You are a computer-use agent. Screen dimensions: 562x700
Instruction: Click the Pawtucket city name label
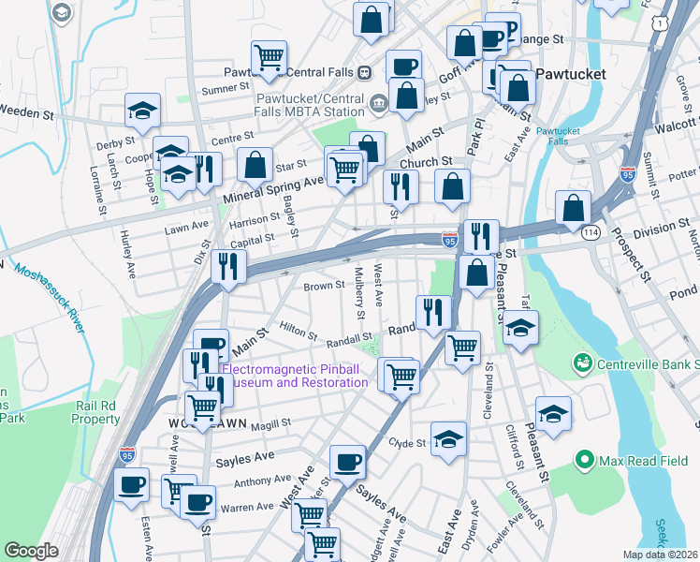coord(571,73)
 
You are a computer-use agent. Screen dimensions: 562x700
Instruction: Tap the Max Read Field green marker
coord(586,459)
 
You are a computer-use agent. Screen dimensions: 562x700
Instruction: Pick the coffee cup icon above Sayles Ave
coord(348,461)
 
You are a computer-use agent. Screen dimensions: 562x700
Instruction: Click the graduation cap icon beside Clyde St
coord(449,438)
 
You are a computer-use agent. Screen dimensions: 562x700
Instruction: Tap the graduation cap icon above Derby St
coord(142,110)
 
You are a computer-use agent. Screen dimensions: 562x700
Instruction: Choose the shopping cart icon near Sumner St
coord(270,57)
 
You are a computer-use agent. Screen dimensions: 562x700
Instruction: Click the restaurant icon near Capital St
coord(228,266)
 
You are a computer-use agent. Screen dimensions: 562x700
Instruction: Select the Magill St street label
coord(270,423)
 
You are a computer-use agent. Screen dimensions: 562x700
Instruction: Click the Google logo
coord(32,550)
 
